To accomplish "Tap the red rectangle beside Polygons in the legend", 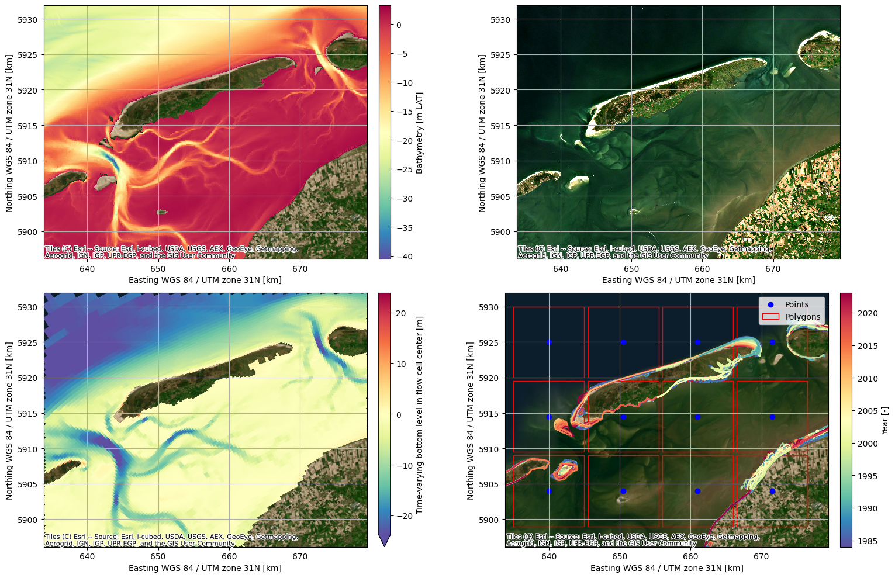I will click(x=770, y=317).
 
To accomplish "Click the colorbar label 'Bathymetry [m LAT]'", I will click(x=419, y=133).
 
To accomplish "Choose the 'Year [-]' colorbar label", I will click(x=884, y=421).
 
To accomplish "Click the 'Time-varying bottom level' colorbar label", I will click(x=419, y=415).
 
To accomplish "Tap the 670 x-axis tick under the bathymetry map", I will click(x=300, y=269).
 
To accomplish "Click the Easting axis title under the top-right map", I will click(x=678, y=280).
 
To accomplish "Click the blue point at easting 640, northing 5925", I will click(x=549, y=342).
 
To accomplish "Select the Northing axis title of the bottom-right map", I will click(x=471, y=421).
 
